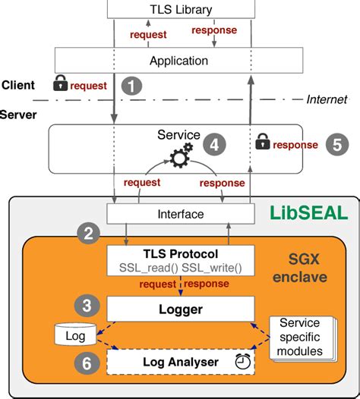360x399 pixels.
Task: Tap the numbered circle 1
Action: click(133, 86)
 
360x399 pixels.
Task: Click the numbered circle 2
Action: click(90, 234)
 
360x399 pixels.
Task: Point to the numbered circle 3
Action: click(90, 306)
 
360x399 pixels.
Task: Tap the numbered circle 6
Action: click(90, 362)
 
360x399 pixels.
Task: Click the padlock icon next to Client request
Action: click(61, 84)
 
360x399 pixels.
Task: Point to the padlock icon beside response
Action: click(262, 142)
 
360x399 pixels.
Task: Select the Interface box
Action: click(180, 214)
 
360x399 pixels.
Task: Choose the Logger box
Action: click(180, 308)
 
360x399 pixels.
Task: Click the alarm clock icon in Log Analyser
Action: click(243, 363)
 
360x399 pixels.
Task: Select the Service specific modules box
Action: click(302, 336)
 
